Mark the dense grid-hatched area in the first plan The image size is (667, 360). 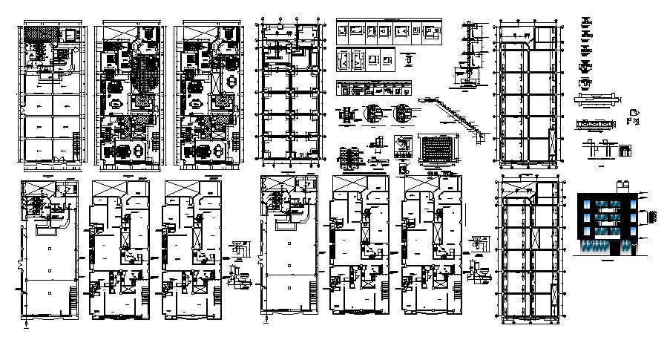click(35, 33)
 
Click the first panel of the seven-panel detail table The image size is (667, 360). click(342, 32)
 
